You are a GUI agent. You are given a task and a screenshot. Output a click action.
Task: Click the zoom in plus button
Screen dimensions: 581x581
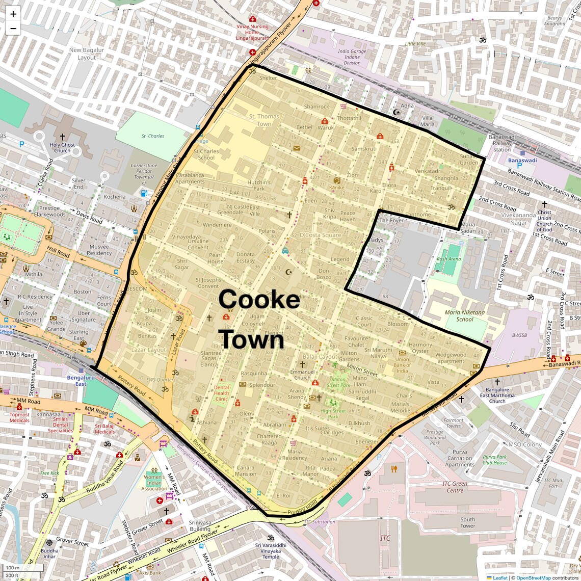[x=13, y=14]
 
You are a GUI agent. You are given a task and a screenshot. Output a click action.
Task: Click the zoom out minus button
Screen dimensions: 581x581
[x=13, y=29]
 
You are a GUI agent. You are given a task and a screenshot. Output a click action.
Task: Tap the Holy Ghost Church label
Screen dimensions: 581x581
[x=62, y=147]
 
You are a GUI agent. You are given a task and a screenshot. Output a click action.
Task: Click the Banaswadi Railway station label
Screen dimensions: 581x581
[x=502, y=143]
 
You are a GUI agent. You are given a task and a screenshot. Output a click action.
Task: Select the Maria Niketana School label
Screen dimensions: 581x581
[x=465, y=316]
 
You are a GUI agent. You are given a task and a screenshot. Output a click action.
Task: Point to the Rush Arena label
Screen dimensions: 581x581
[x=448, y=259]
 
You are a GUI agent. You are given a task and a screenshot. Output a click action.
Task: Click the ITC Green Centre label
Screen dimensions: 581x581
[x=455, y=487]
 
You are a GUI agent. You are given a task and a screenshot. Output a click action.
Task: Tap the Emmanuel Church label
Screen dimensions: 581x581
[x=302, y=375]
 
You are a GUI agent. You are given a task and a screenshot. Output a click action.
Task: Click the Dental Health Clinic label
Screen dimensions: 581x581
[x=222, y=393]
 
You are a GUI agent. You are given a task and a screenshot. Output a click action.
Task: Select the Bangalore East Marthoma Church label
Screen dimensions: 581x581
[x=497, y=395]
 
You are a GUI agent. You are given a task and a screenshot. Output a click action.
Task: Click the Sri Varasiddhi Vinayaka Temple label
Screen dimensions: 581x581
[x=271, y=550]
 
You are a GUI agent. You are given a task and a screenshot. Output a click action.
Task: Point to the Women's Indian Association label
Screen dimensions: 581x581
[x=154, y=483]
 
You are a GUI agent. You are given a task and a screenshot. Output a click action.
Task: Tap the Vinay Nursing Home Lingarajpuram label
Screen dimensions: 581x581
[x=252, y=32]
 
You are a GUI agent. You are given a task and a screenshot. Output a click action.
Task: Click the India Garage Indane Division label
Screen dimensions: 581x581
[x=352, y=57]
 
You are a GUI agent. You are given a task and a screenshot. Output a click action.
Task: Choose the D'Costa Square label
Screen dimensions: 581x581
[x=320, y=235]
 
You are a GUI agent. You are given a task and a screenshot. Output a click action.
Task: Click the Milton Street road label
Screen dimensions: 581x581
[x=362, y=369]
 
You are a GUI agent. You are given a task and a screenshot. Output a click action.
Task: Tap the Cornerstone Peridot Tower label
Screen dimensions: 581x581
[x=144, y=171]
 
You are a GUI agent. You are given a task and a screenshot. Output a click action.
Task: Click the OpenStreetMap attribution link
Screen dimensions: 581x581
[x=533, y=577]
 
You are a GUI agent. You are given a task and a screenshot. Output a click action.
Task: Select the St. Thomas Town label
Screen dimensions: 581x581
[x=264, y=120]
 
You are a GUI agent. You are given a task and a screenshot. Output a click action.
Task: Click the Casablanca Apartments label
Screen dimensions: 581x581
[x=190, y=178]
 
